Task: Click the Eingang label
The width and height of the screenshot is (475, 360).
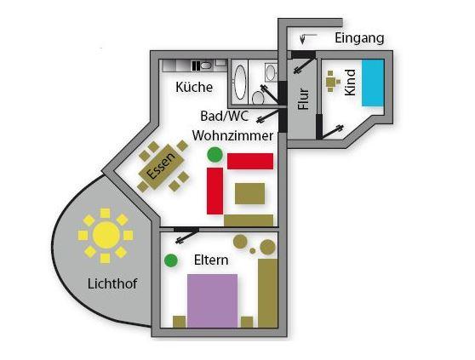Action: tap(359, 39)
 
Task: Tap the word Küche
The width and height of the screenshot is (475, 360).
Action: tap(194, 87)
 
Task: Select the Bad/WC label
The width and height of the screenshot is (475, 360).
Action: tap(225, 116)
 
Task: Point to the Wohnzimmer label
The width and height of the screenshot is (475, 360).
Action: tap(232, 136)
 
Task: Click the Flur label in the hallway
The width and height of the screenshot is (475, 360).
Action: tap(303, 99)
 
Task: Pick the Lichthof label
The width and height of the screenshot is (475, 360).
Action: tap(112, 283)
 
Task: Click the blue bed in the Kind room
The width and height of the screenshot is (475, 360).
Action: tap(373, 83)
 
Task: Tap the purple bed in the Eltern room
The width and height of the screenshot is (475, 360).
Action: tap(212, 300)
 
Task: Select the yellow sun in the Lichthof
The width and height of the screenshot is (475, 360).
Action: tap(106, 235)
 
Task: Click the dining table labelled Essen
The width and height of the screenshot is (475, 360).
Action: tap(162, 167)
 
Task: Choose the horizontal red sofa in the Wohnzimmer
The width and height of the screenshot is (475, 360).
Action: tap(250, 161)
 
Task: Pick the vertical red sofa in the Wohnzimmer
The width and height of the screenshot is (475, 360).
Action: tap(215, 191)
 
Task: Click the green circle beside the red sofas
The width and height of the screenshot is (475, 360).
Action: tap(215, 154)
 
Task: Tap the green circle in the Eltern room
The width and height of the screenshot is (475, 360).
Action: tap(171, 260)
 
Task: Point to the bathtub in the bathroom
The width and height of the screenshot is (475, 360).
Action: tap(241, 82)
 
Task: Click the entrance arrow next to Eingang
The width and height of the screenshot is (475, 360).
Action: tap(306, 38)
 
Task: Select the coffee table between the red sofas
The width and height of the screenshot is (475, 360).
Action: tap(250, 193)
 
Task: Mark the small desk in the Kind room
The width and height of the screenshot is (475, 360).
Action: tap(331, 82)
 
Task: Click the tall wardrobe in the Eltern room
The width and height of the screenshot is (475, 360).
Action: tap(268, 293)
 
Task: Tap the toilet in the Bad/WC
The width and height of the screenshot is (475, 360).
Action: tap(258, 98)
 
